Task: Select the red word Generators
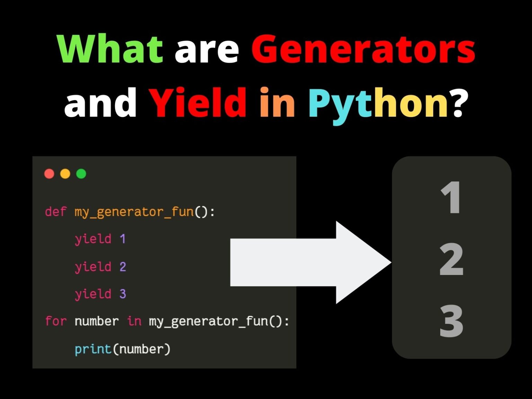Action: coord(363,49)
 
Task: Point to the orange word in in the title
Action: coord(277,102)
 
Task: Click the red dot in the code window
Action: coord(49,174)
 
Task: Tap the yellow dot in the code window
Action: coord(65,174)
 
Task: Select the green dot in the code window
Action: coord(81,174)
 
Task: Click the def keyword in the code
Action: coord(55,211)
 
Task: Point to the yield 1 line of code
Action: coord(100,239)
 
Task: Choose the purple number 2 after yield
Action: coord(123,267)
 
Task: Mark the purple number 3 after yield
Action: coord(123,294)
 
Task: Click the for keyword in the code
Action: coord(55,321)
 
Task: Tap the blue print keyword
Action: coord(93,349)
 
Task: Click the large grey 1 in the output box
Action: coord(451,198)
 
